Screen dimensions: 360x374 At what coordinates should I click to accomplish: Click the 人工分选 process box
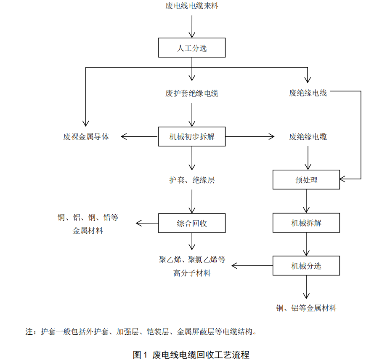192,48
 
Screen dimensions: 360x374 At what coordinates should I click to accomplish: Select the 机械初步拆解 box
192,136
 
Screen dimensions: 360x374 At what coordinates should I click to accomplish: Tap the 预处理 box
306,180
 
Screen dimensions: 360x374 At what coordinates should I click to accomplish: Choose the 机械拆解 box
306,223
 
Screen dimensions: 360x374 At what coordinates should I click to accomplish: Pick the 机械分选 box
306,266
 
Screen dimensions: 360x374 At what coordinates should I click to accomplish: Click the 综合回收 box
192,223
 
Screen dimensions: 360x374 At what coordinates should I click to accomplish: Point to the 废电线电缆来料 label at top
192,6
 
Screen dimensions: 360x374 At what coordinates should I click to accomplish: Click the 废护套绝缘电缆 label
192,93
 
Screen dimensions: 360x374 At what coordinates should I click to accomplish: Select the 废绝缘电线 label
308,93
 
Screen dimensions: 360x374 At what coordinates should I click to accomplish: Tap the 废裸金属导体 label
86,136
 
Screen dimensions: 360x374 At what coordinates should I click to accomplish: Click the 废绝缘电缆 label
308,136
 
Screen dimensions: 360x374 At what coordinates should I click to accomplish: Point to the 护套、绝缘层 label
192,180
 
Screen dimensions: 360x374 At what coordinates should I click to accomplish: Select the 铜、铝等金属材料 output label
306,308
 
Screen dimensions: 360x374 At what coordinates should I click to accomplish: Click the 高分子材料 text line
192,273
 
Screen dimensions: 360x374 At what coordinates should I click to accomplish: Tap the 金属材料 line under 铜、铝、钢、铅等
88,230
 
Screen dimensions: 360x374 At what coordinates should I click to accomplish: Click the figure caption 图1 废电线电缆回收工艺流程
191,354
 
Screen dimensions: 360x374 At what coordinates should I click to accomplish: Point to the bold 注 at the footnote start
29,331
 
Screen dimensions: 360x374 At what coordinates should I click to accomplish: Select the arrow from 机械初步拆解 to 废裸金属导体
139,136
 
